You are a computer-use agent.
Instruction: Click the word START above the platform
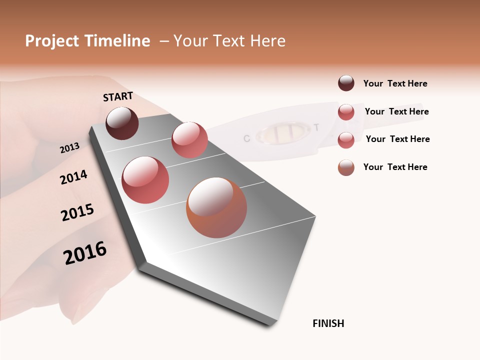[x=118, y=96]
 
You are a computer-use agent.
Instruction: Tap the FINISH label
[x=328, y=323]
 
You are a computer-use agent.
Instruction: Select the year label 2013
[x=69, y=147]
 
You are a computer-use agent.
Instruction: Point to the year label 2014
[x=73, y=177]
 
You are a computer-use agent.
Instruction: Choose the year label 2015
[x=77, y=212]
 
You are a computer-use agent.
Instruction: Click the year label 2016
[x=85, y=253]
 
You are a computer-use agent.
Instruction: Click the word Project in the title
[x=52, y=41]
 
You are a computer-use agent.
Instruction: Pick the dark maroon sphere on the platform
[x=122, y=123]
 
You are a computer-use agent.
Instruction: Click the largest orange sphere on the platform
[x=216, y=207]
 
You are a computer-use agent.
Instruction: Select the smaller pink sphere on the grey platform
[x=189, y=140]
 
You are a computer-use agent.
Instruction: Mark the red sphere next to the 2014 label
[x=145, y=180]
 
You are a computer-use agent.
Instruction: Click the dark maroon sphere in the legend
[x=346, y=83]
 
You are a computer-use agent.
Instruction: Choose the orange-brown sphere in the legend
[x=346, y=167]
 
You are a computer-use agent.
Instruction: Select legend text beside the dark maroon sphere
[x=395, y=83]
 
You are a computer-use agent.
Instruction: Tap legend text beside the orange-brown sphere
[x=395, y=167]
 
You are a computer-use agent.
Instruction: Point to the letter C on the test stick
[x=246, y=138]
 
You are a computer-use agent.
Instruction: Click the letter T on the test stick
[x=316, y=127]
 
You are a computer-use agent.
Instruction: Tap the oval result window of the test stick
[x=282, y=132]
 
